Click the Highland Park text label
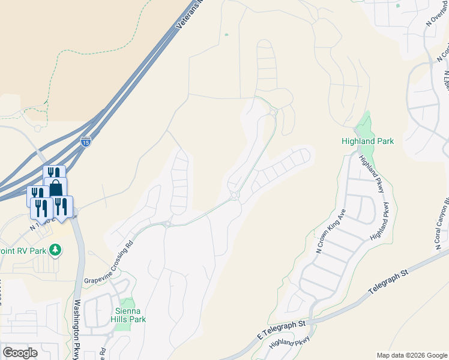367,142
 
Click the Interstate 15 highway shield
86,142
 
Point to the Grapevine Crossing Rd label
109,262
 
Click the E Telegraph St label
282,327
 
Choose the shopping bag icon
55,188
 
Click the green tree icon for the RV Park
55,249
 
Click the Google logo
20,353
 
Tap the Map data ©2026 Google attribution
411,355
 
